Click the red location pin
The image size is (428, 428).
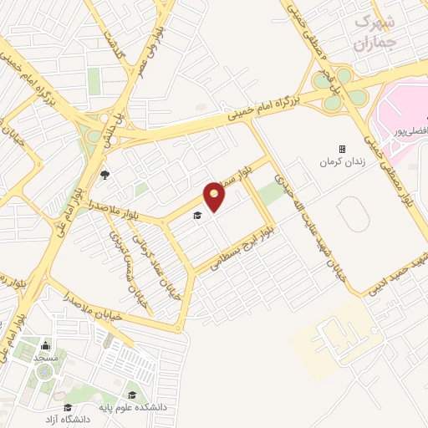click(215, 195)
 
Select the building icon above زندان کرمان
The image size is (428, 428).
click(341, 148)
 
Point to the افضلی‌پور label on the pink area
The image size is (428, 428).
click(410, 131)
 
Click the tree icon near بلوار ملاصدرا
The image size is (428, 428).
click(105, 175)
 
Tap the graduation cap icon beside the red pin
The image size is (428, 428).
click(197, 216)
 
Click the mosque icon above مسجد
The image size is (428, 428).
click(43, 346)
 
